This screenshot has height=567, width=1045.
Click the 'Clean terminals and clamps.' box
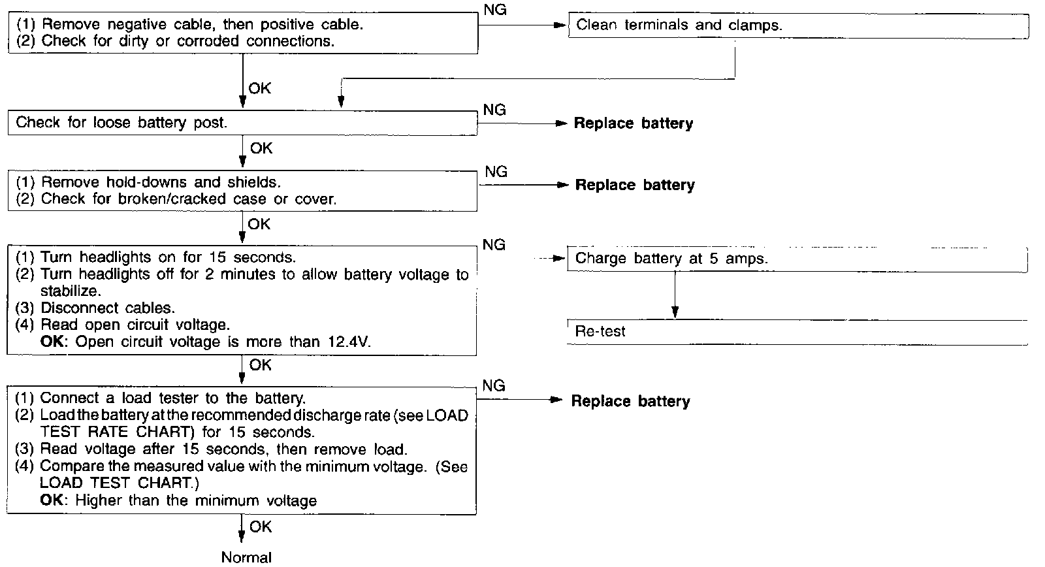pos(798,25)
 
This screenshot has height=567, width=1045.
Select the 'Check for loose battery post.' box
pos(242,123)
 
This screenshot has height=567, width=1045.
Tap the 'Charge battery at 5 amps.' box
pos(797,259)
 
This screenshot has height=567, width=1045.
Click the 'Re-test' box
pos(797,332)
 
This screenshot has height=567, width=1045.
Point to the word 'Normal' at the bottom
pos(246,557)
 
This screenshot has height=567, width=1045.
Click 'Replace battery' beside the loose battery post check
pos(633,123)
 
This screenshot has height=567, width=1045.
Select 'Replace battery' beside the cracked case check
pos(634,185)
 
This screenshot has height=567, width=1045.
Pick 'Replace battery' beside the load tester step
pos(630,401)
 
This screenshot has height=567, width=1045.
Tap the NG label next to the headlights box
pos(494,245)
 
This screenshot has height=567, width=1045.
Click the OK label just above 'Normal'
pos(261,526)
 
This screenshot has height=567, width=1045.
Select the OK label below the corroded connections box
pos(259,88)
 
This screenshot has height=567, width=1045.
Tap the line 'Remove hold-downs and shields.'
pos(161,182)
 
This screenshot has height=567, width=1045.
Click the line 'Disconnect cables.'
pos(108,308)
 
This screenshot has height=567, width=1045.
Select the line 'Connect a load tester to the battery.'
pos(173,398)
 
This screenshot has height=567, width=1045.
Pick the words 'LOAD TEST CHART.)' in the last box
pos(120,483)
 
